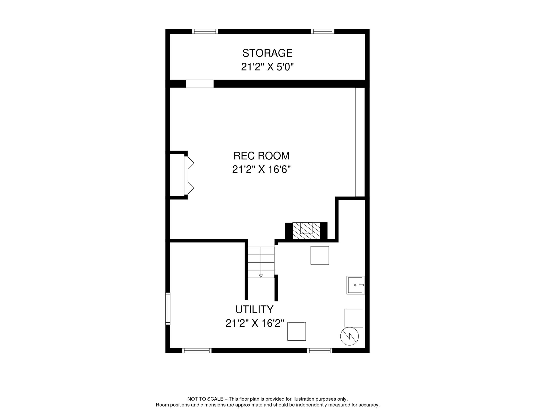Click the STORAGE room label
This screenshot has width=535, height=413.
[x=267, y=53]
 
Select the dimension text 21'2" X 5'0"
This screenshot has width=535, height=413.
[x=267, y=67]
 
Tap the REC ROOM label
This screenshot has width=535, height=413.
[x=261, y=156]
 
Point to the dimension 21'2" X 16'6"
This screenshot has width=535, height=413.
[x=261, y=170]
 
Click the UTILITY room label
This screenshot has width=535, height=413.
[x=254, y=310]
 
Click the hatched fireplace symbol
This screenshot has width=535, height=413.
[x=306, y=231]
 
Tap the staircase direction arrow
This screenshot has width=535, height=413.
[x=261, y=276]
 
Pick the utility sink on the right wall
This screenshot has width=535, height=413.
[x=355, y=285]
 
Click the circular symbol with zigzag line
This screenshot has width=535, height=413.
[x=349, y=336]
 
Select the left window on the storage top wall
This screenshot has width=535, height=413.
[x=205, y=31]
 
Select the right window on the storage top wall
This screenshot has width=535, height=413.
[x=323, y=31]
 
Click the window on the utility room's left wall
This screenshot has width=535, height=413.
[x=168, y=309]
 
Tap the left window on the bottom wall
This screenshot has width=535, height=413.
[x=197, y=351]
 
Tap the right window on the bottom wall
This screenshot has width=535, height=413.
[x=320, y=351]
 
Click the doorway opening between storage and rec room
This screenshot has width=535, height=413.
[x=200, y=84]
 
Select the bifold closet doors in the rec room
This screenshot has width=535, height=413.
[x=189, y=176]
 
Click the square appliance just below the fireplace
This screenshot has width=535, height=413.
[x=320, y=255]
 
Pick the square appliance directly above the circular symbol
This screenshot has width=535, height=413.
[x=354, y=318]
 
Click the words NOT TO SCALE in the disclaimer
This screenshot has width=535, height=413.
[x=205, y=399]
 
